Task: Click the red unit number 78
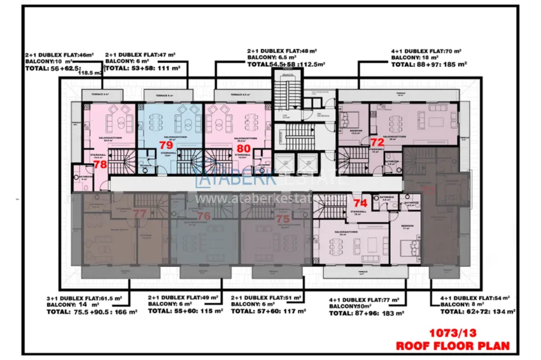click(x=100, y=164)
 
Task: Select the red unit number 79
click(x=165, y=145)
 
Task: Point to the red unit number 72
click(x=377, y=142)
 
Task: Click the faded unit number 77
click(x=140, y=213)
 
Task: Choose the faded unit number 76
click(x=204, y=216)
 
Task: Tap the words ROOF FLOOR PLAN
click(x=454, y=346)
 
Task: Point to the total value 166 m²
click(x=125, y=312)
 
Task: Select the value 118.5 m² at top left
click(x=90, y=73)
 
